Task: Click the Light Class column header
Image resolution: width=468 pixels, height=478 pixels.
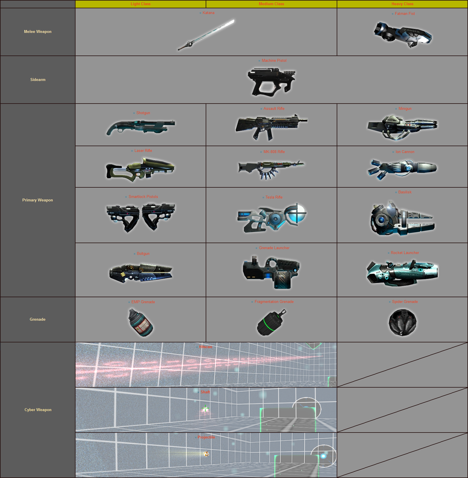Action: (140, 4)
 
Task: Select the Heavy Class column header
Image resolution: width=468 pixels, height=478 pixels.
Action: (402, 4)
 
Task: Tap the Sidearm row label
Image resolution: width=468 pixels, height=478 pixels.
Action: (38, 80)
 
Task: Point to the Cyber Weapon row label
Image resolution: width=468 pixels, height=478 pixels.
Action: (38, 410)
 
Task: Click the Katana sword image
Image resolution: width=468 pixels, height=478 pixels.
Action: (206, 35)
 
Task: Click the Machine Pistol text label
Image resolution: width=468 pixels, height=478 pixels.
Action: (274, 61)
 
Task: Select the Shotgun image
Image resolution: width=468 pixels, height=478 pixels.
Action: (140, 127)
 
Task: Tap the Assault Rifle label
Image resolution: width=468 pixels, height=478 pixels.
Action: (274, 109)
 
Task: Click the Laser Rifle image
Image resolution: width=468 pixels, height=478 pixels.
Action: (140, 169)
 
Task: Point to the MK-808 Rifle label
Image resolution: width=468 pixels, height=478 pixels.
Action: (274, 152)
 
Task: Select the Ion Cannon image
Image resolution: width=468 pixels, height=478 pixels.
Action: (402, 168)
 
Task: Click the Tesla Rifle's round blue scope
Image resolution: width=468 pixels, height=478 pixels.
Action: (296, 213)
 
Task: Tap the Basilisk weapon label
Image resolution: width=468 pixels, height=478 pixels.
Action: (405, 192)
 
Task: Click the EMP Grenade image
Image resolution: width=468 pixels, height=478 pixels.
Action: (140, 322)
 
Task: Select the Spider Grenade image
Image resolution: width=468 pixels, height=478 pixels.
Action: (402, 322)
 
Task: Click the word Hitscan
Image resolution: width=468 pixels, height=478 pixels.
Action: (206, 347)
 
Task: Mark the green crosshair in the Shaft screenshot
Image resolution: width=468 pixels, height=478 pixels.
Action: (205, 408)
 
